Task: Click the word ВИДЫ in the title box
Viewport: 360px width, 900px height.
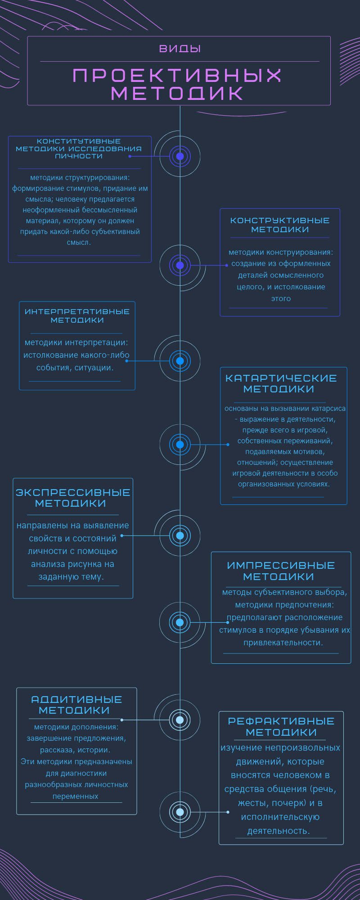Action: point(180,49)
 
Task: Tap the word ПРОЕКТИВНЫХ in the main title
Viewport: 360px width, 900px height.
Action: point(177,76)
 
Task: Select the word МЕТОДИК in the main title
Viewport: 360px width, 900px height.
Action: point(177,94)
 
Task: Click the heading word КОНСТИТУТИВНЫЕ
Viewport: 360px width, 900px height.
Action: point(79,141)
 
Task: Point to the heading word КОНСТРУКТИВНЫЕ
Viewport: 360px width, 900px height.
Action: point(280,220)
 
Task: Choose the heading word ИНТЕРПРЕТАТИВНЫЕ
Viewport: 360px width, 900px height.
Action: point(77,311)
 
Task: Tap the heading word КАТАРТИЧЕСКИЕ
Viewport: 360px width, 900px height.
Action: point(281,378)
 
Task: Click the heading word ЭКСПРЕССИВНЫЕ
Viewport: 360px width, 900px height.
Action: point(73,492)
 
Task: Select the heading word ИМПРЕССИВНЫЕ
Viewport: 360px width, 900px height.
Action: point(281,565)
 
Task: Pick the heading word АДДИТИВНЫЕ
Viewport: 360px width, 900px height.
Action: point(76,699)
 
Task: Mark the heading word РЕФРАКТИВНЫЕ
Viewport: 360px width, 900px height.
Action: point(281,721)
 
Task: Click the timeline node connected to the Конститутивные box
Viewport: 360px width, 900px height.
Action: point(180,157)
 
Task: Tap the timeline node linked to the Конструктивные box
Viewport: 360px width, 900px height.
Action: point(180,265)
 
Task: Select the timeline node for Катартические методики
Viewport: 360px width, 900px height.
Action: point(180,445)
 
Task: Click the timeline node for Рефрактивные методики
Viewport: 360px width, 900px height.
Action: point(180,812)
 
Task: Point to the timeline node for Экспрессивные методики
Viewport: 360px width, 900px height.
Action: point(180,535)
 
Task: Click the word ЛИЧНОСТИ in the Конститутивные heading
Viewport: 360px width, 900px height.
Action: point(79,156)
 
